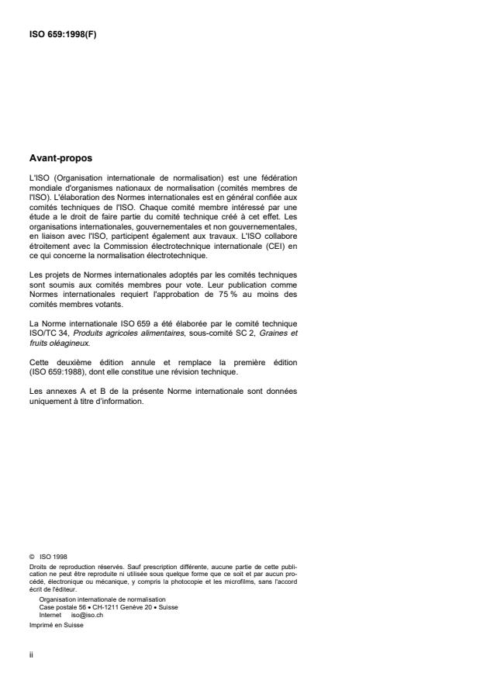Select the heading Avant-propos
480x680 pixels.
click(x=60, y=158)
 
